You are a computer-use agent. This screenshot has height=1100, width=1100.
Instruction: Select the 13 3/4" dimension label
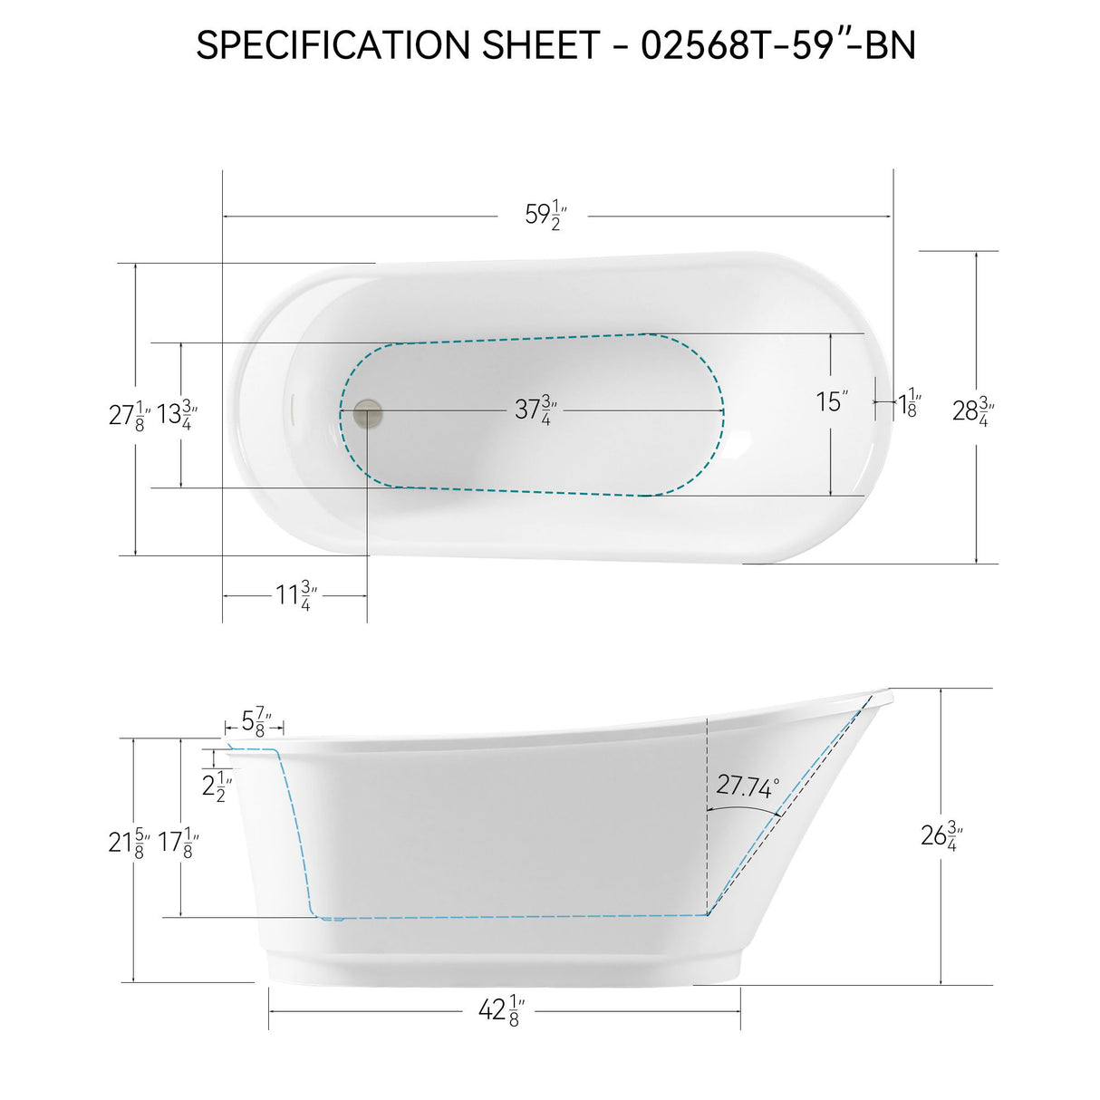[x=178, y=415]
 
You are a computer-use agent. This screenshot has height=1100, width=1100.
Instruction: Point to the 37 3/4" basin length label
[x=536, y=410]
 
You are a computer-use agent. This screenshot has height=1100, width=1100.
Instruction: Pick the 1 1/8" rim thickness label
[x=909, y=402]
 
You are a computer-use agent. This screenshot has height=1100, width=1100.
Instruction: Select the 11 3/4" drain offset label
[x=296, y=596]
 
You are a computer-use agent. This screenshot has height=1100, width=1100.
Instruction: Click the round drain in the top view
[x=368, y=412]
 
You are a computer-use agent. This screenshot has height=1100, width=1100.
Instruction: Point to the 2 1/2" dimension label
[x=217, y=786]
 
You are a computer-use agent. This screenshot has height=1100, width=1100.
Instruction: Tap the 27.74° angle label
[x=748, y=786]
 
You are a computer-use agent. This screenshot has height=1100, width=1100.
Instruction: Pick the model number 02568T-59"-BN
[x=778, y=45]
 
